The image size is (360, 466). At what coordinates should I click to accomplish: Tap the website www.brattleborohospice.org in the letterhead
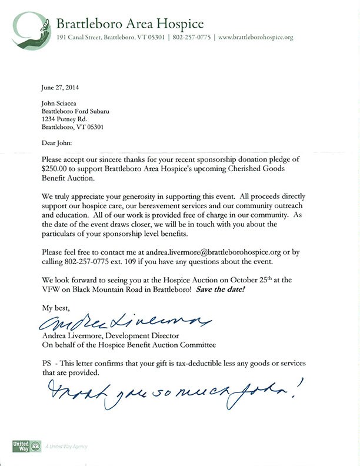[255, 37]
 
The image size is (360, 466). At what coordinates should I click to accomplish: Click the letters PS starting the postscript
[46, 364]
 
